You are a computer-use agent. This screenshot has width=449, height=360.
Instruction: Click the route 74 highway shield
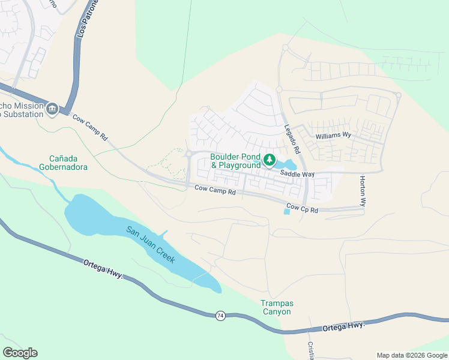tap(220, 316)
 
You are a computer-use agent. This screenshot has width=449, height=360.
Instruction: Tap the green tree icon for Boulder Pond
tap(270, 160)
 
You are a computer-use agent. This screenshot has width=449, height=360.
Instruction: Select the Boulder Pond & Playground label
tap(236, 161)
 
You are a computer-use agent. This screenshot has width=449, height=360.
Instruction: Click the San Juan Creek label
tap(150, 245)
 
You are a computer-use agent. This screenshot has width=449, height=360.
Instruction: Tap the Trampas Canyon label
tap(276, 307)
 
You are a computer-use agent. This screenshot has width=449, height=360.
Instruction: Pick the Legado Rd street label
tap(292, 135)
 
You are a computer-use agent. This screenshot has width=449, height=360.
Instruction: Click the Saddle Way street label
tap(298, 174)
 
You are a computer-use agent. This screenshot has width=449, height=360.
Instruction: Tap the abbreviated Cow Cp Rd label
tap(302, 208)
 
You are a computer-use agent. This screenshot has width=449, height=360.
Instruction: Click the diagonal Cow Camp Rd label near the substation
tap(91, 127)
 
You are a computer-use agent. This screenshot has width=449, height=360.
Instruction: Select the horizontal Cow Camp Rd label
tap(215, 190)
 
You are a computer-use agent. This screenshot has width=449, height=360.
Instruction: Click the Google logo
tap(20, 353)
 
